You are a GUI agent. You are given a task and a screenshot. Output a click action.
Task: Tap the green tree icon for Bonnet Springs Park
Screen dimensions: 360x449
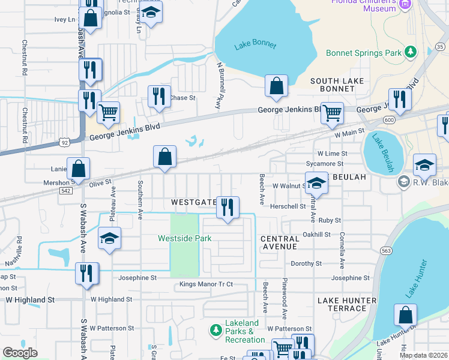(411, 53)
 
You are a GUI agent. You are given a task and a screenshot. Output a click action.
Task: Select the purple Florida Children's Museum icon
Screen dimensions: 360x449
(405, 5)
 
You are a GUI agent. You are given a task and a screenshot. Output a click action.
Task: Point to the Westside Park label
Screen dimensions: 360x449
(184, 238)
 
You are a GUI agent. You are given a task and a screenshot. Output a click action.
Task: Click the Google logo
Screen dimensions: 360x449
(20, 353)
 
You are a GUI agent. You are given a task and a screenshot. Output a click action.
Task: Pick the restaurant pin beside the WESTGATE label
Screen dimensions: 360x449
(228, 208)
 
